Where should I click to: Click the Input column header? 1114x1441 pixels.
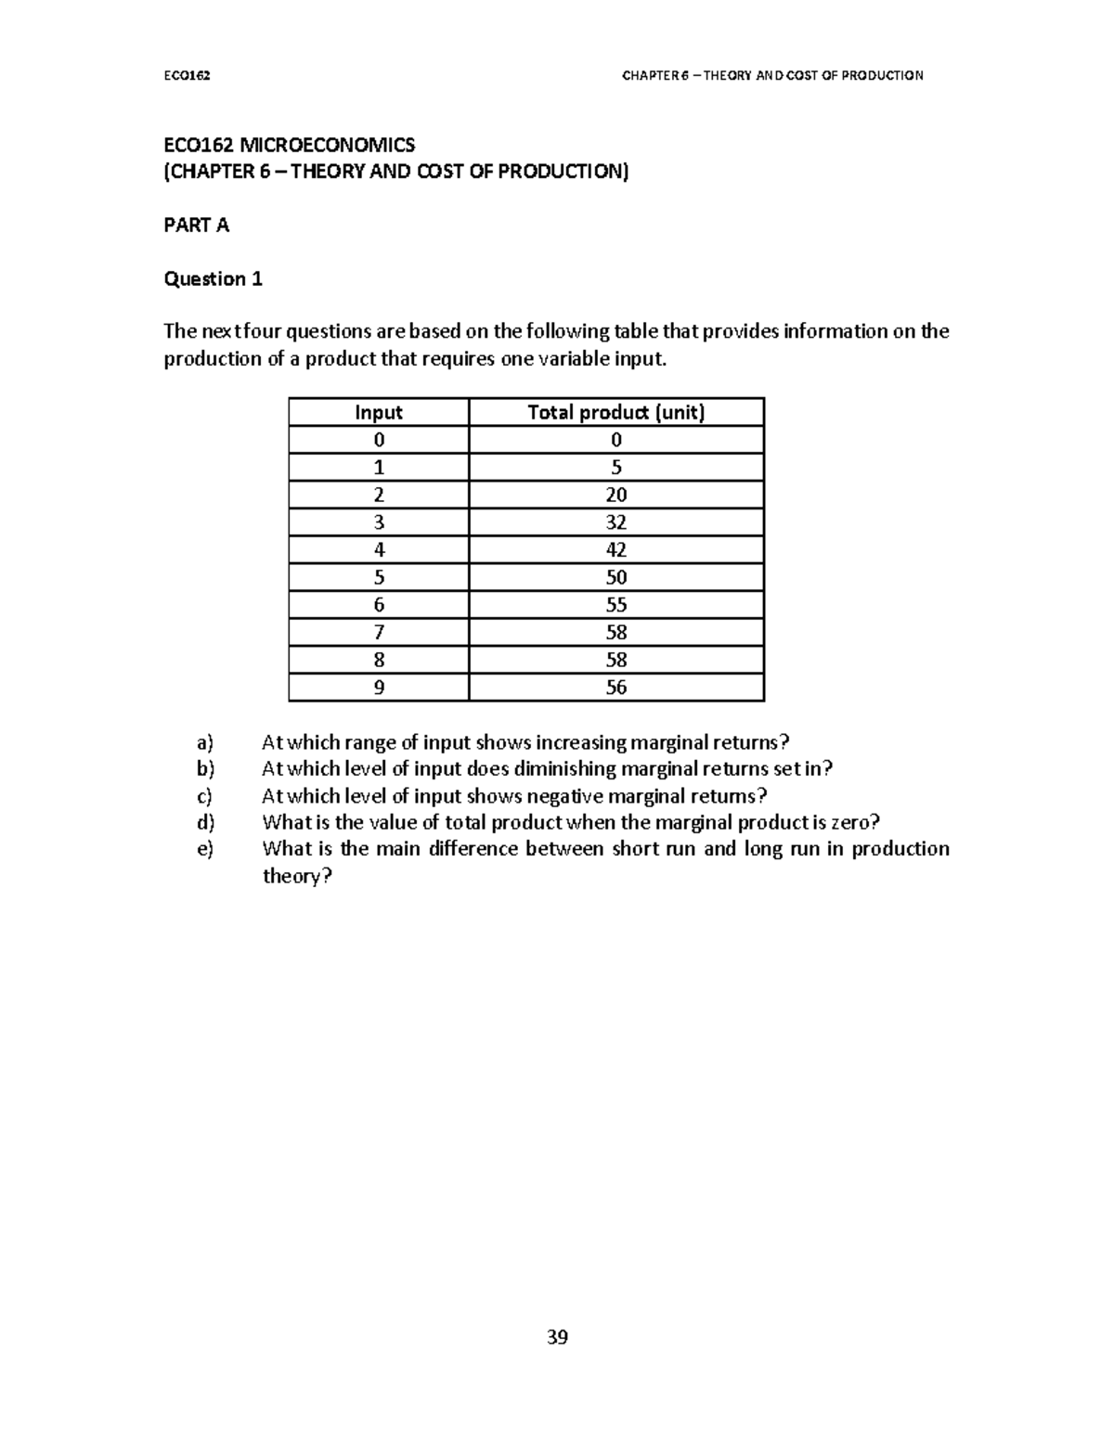379,413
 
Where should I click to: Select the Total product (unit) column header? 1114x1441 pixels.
616,413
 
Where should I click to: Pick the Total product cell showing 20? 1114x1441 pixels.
616,495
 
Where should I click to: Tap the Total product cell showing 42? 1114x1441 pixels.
616,549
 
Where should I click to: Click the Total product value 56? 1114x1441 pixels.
616,688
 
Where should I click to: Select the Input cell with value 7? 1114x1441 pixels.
379,633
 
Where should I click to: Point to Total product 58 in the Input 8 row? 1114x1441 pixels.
616,660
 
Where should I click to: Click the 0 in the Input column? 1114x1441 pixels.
379,440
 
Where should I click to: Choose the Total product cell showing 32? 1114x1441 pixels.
616,522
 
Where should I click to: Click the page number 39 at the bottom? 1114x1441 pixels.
557,1337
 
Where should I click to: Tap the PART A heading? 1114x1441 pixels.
196,225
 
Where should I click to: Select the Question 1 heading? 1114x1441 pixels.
213,279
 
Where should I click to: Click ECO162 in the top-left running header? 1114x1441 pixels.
187,75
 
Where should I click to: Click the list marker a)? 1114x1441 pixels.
204,742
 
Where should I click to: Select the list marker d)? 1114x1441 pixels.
204,822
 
